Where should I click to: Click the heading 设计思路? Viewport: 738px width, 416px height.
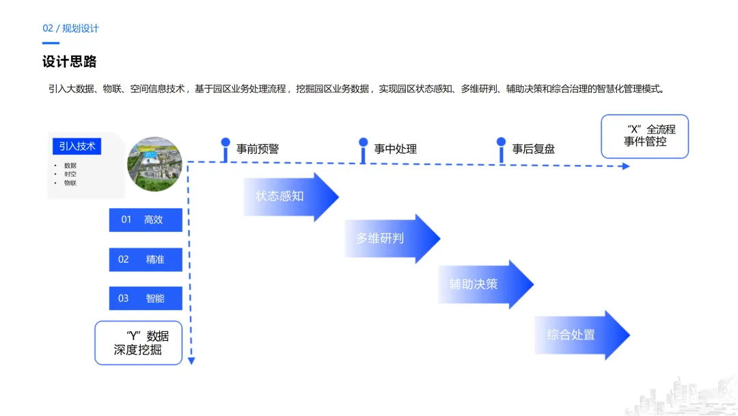70,62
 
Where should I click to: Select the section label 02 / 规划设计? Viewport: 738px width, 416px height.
70,28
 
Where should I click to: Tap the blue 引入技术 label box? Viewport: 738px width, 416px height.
77,146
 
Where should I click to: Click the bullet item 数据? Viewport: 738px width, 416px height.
70,166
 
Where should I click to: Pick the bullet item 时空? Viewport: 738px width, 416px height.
70,174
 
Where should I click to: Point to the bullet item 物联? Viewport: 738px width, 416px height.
70,183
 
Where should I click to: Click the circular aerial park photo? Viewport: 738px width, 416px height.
155,164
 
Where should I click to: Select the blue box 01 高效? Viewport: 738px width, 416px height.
146,220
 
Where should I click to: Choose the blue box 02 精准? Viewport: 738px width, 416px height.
146,259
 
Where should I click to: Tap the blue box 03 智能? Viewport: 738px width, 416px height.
146,298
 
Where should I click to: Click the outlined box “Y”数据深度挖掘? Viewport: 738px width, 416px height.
138,343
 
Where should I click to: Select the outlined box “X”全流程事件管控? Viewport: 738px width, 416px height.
644,136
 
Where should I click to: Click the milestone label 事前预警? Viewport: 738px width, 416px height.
258,148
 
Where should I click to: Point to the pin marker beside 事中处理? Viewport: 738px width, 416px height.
363,150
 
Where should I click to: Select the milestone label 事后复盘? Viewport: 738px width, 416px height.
534,148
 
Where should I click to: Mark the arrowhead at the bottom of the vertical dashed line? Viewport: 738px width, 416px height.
191,360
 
